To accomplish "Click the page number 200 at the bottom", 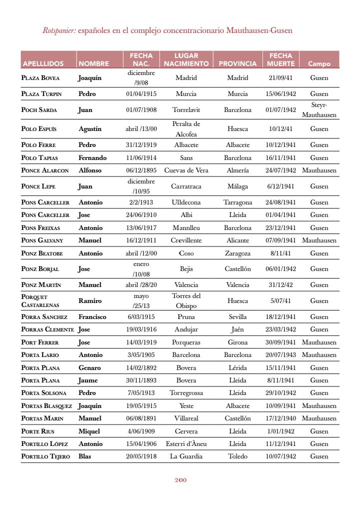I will pos(180,480).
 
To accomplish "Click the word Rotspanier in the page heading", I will pos(59,30).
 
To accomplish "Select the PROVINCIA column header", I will pos(237,63).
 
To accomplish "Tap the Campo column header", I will pos(319,63).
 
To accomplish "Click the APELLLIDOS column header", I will pos(43,63).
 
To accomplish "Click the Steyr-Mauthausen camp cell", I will pos(319,110).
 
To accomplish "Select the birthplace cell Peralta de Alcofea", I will pos(186,129).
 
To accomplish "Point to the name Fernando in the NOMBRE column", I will pos(92,158).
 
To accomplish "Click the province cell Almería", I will pos(237,170).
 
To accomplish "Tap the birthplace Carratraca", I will pos(186,186).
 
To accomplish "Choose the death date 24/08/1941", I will pos(280,202).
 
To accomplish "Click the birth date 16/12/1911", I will pos(141,240).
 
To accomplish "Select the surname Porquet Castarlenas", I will pos(40,301).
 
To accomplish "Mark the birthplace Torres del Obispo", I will pos(186,301).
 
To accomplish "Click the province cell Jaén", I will pos(237,330).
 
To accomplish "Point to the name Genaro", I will pos(89,368).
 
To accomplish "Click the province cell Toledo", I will pos(237,456).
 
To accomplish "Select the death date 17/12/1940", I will pos(280,418).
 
